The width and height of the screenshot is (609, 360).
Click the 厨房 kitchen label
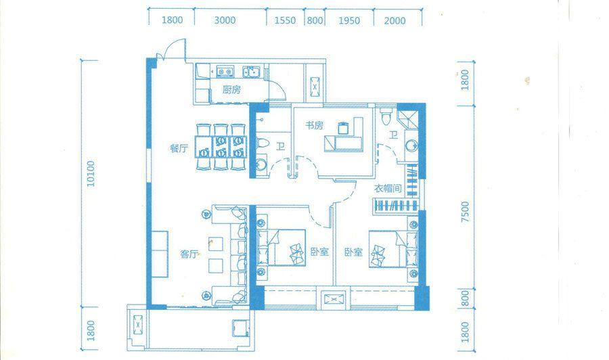231,90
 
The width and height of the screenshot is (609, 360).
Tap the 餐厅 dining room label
179,148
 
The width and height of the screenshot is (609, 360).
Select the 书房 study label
314,125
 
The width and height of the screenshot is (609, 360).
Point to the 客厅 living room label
189,254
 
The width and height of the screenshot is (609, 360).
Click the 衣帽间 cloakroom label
388,189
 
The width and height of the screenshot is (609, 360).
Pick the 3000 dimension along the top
225,20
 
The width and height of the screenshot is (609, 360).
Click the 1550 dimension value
285,20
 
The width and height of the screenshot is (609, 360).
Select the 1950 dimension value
349,20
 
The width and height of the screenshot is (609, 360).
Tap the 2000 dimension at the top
394,20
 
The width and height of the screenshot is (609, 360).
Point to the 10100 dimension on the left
91,174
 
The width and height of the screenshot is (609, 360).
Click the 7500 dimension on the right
464,212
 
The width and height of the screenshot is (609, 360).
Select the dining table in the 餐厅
221,147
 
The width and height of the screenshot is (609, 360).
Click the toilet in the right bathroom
387,115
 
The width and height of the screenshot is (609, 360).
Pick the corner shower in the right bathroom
408,116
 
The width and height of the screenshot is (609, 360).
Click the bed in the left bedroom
282,248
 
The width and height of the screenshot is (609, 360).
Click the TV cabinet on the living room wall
160,254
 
